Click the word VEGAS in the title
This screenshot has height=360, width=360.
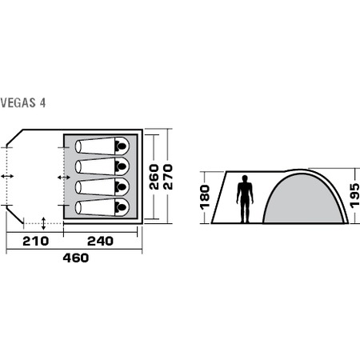[18, 103]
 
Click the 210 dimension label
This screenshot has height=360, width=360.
[35, 241]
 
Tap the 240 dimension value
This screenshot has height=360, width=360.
[100, 241]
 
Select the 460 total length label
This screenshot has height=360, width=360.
[76, 258]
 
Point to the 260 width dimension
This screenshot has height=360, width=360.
[154, 177]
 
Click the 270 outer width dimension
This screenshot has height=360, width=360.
[168, 177]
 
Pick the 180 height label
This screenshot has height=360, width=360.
[205, 197]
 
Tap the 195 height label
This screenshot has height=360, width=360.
[355, 195]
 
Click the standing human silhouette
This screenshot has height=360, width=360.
[245, 199]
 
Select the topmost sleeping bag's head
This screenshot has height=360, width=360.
[121, 146]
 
